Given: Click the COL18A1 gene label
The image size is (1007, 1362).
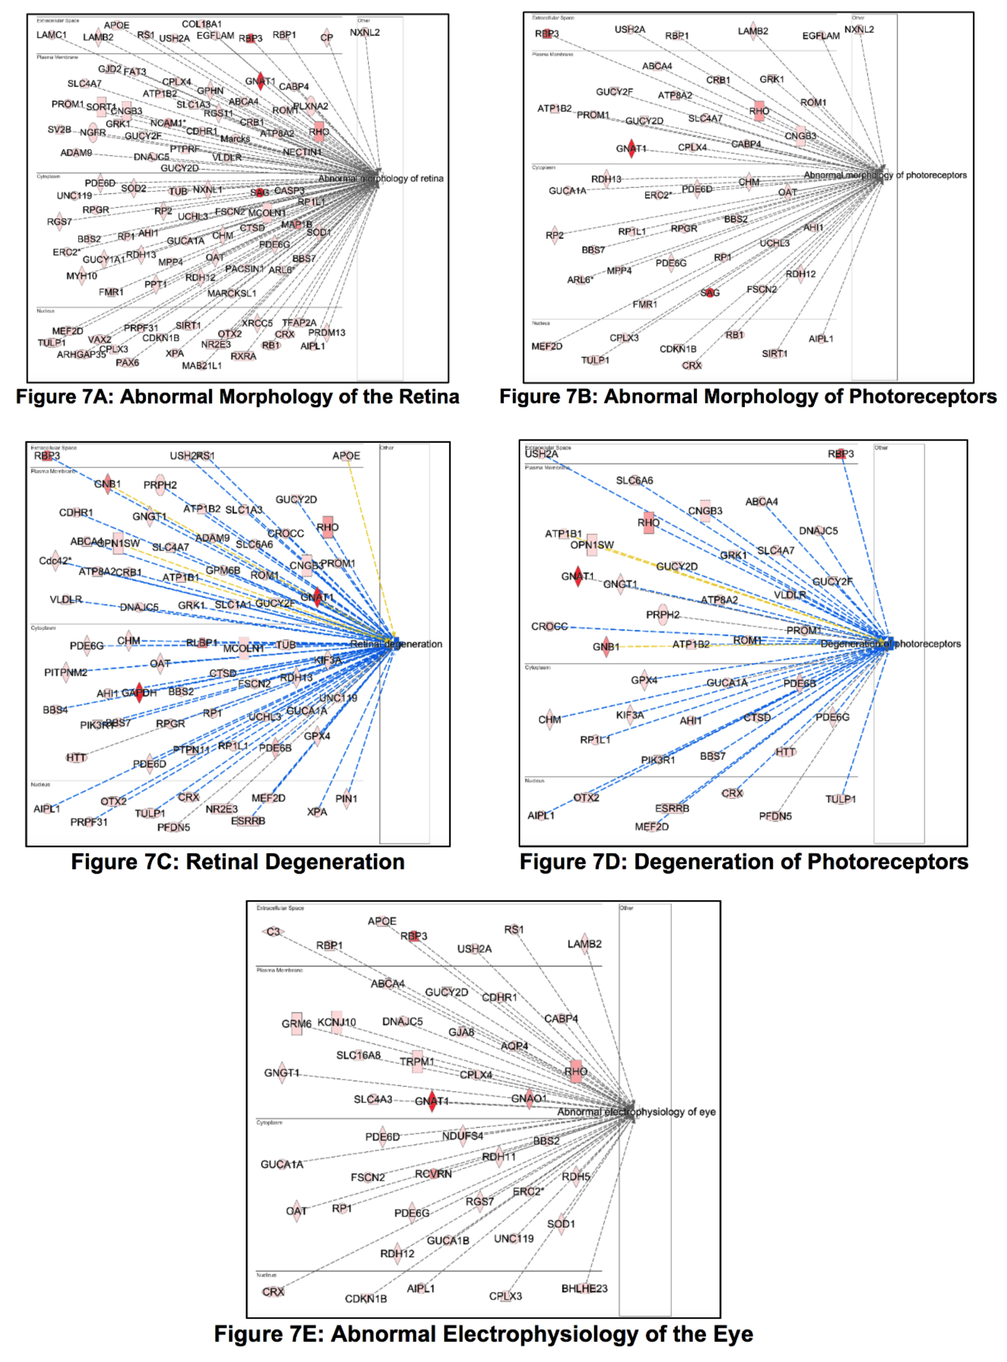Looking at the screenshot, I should click(x=202, y=25).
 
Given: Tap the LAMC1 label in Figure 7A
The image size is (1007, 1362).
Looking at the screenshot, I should click(x=51, y=35).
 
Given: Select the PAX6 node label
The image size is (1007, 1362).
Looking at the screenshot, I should click(x=127, y=362).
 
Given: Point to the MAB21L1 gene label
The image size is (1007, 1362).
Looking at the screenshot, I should click(x=202, y=366).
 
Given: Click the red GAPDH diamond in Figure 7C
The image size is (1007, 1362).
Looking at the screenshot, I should click(x=139, y=692).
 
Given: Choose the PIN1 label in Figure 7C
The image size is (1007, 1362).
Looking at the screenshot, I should click(x=346, y=798).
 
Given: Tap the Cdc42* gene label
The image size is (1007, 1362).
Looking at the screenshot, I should click(x=55, y=561).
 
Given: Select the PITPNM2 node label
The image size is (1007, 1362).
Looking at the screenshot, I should click(x=65, y=672).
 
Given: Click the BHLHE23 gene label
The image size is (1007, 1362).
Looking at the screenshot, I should click(x=584, y=1288).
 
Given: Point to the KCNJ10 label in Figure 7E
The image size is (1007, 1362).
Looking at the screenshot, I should click(x=336, y=1022).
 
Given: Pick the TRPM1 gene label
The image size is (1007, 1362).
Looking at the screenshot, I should click(x=417, y=1061).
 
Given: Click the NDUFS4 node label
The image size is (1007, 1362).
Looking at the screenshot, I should click(x=463, y=1135).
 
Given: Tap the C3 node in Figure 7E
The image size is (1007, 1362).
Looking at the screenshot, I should click(x=273, y=931).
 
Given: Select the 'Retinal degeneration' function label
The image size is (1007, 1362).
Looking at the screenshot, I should click(x=396, y=644).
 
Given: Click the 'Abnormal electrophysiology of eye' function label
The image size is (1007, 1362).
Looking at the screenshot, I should click(x=636, y=1112).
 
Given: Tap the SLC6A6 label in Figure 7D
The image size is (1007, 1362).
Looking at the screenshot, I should click(x=634, y=480).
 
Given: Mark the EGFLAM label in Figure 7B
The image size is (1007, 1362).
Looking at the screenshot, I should click(x=820, y=36).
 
